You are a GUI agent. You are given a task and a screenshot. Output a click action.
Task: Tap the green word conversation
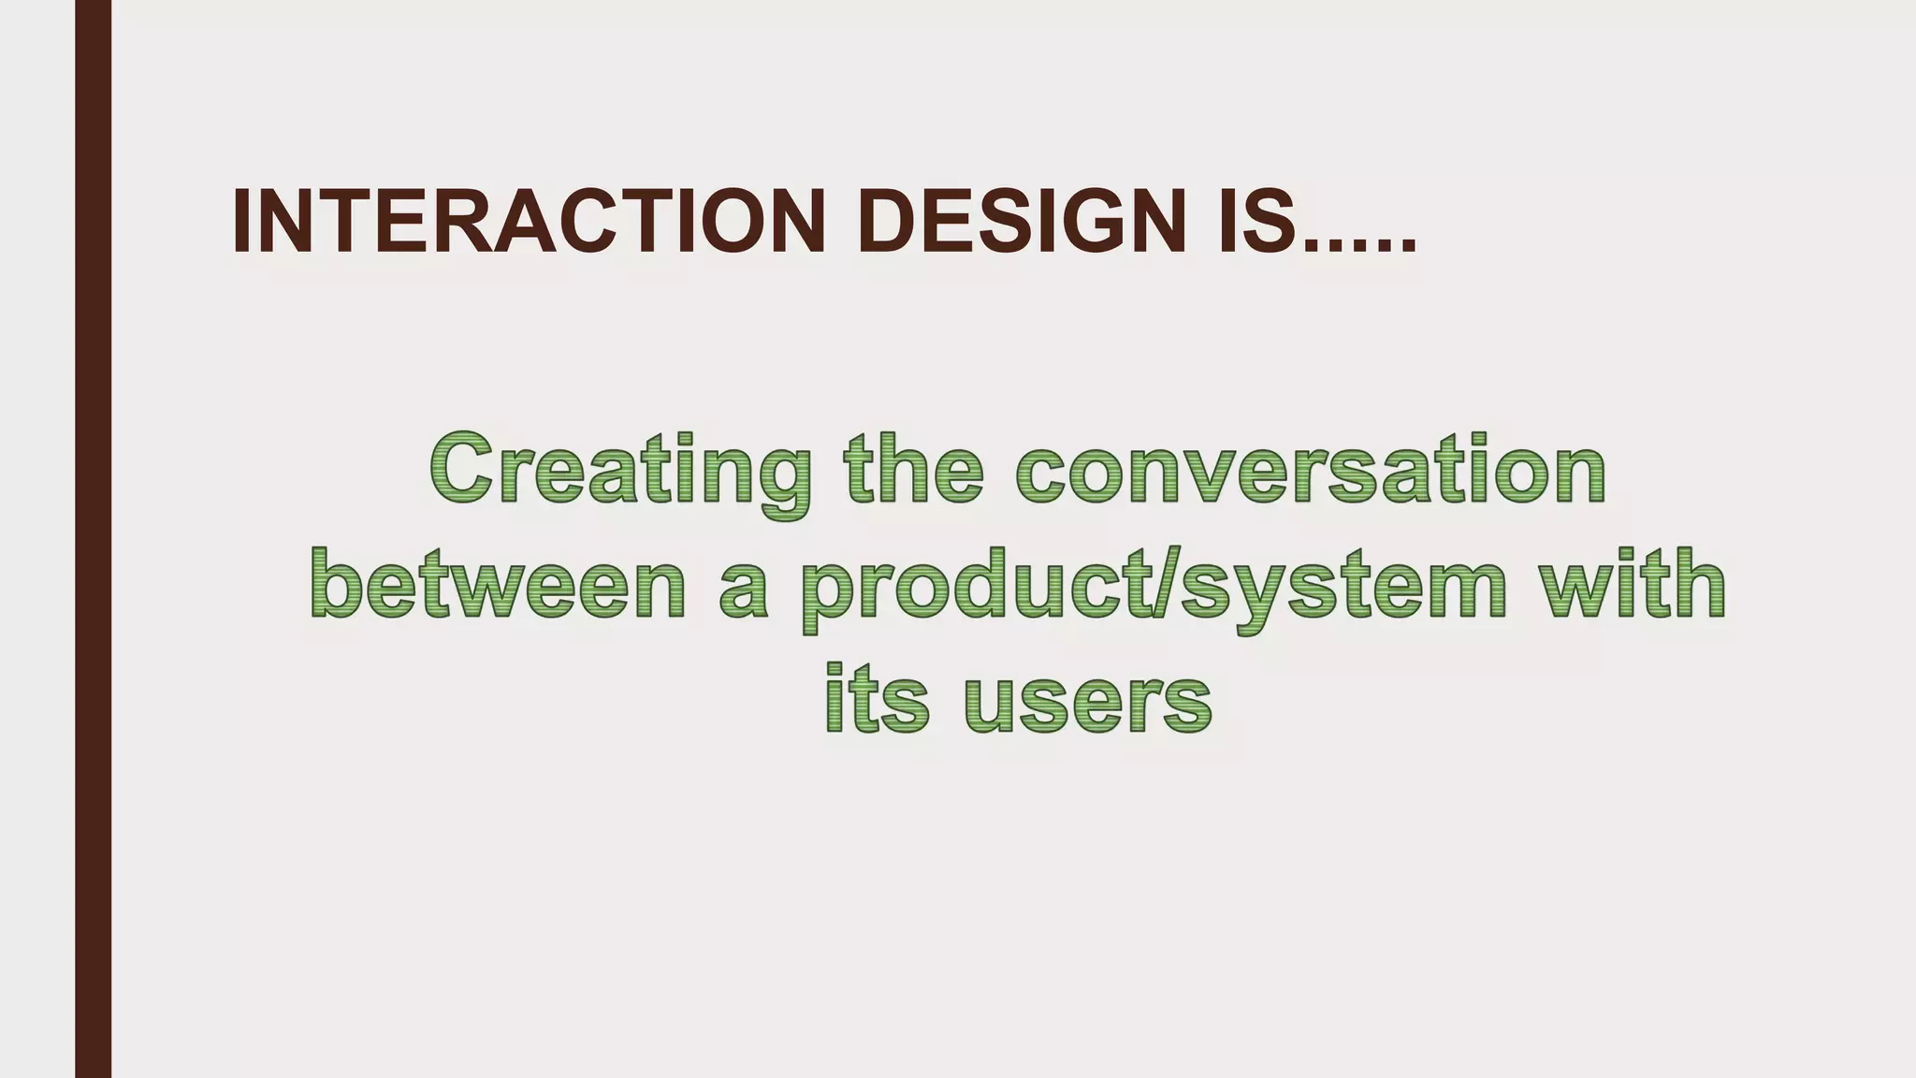(x=1311, y=470)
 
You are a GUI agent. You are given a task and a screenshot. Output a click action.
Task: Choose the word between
(x=497, y=585)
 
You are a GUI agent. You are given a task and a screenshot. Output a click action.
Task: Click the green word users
(x=1087, y=702)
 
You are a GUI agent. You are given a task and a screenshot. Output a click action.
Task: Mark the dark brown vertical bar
(x=93, y=539)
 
